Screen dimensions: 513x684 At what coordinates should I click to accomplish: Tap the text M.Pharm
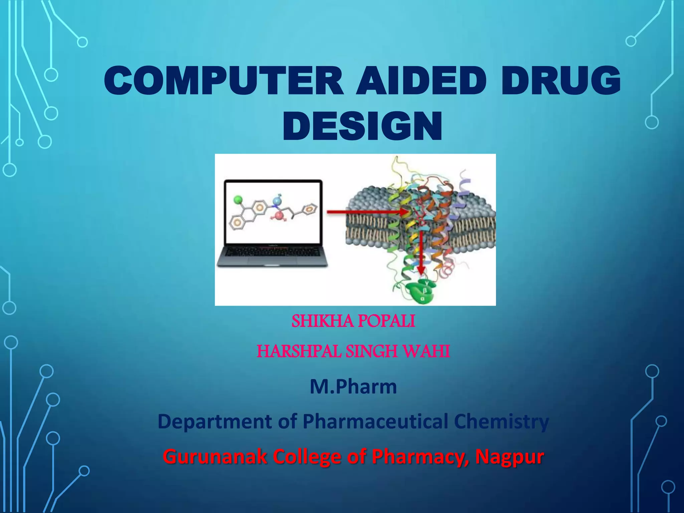point(353,386)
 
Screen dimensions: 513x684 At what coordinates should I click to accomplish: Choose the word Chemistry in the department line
point(501,421)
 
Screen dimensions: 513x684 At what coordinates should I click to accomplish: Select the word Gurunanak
point(215,457)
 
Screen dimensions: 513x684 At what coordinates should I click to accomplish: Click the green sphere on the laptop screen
point(238,200)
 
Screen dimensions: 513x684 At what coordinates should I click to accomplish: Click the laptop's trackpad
point(272,264)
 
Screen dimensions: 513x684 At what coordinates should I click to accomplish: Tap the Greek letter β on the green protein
point(425,291)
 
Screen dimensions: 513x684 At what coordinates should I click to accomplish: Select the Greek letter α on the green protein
point(422,298)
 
